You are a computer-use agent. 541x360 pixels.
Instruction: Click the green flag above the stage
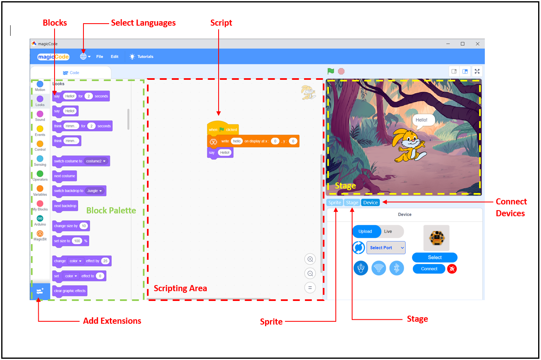click(x=331, y=71)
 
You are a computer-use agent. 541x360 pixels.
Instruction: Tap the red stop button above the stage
click(x=341, y=71)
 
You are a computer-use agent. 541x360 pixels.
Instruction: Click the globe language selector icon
click(x=83, y=57)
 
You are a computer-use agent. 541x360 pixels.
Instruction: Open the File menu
click(x=100, y=57)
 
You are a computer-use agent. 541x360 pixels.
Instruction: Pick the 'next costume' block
click(x=65, y=176)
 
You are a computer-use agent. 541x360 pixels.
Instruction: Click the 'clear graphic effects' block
click(x=70, y=291)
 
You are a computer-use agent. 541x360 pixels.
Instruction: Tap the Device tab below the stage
click(x=370, y=202)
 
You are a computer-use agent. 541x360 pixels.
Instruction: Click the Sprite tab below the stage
click(x=335, y=202)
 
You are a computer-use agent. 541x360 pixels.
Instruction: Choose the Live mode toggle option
click(x=388, y=231)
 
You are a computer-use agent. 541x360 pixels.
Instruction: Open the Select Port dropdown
click(x=386, y=248)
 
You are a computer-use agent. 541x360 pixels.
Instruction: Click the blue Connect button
click(x=429, y=269)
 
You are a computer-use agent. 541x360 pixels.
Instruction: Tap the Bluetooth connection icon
click(x=397, y=268)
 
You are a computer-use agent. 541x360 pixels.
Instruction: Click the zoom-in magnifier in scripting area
click(x=310, y=259)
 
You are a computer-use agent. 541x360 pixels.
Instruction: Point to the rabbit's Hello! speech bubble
click(x=421, y=120)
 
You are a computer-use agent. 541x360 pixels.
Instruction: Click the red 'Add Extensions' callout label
click(x=112, y=321)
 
